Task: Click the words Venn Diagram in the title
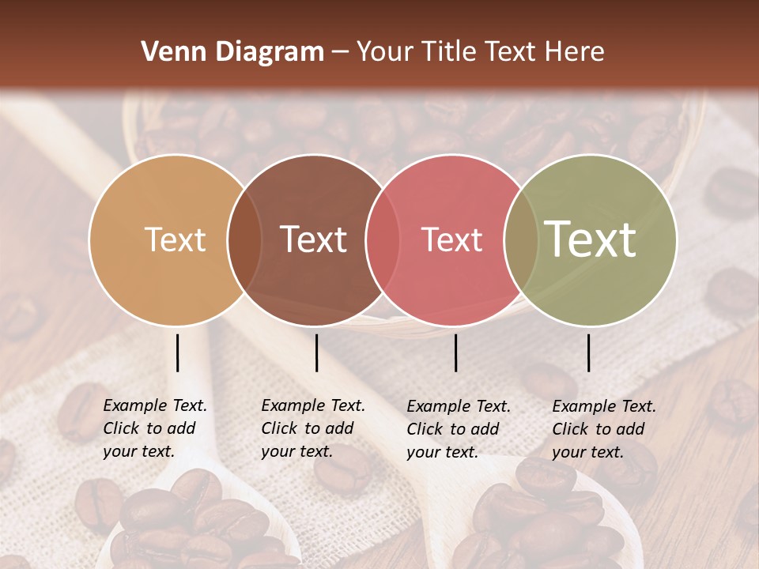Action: pos(232,52)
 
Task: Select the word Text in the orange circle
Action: pos(176,239)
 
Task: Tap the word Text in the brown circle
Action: pos(314,239)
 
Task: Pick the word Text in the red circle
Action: pos(452,239)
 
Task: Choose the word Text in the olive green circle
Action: pos(591,239)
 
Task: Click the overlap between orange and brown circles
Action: pos(244,239)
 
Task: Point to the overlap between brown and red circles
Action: pos(383,239)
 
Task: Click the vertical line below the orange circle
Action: pos(177,352)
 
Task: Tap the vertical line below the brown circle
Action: pos(316,352)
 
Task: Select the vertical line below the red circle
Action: pos(455,352)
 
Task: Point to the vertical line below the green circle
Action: pos(588,352)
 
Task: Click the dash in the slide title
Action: pos(340,53)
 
